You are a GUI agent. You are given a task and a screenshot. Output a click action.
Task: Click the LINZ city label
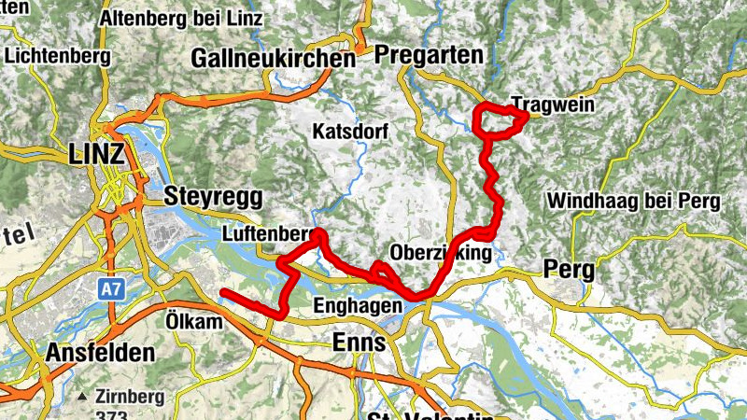click(96, 155)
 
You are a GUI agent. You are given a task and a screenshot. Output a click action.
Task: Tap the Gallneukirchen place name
click(273, 59)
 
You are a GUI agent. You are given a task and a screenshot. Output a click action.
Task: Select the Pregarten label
click(429, 56)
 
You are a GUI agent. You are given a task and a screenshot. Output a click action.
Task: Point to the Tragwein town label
click(553, 105)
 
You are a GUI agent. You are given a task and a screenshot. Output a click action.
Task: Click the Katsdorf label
click(350, 131)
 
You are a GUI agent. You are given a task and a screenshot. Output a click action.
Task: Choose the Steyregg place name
click(213, 197)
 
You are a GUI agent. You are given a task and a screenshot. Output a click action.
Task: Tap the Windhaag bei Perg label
click(633, 201)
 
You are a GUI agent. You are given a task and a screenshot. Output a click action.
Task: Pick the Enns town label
click(359, 343)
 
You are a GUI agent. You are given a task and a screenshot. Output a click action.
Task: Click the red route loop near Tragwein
click(500, 121)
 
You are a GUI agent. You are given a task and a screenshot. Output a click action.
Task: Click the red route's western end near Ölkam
click(223, 294)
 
